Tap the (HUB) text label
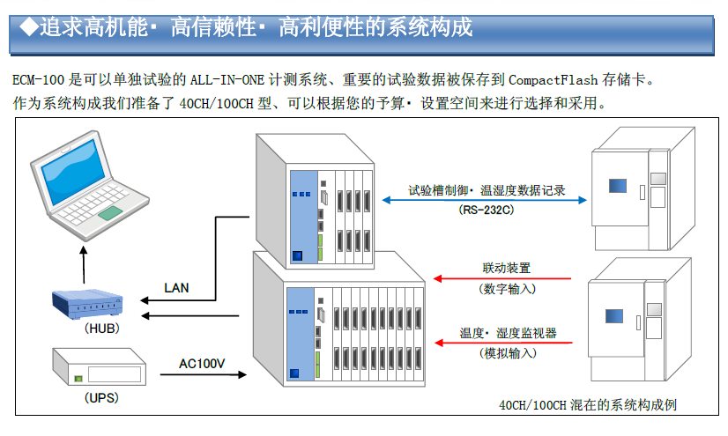coord(101,329)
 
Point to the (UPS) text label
coord(101,397)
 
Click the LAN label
coord(176,288)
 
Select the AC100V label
coord(201,363)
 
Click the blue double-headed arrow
coord(486,200)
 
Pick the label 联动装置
coord(507,268)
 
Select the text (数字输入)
coord(508,288)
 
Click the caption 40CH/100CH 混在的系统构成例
coord(588,405)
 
